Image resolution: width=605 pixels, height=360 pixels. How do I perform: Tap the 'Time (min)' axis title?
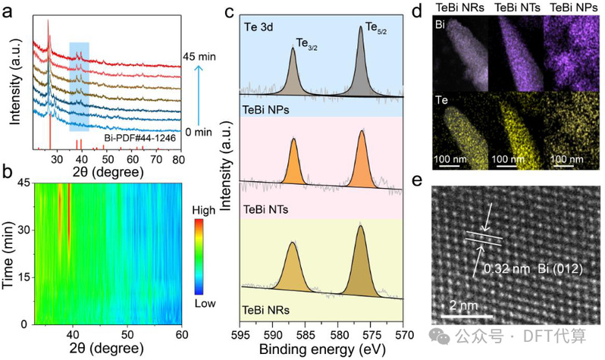tap(10, 255)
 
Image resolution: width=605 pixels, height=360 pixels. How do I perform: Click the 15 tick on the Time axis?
tap(24, 277)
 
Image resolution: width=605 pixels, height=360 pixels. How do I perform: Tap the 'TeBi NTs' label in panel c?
tap(265, 207)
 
